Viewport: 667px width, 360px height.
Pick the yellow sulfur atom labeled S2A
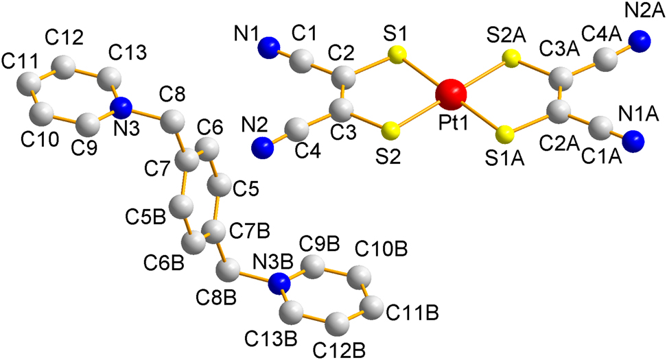(510, 59)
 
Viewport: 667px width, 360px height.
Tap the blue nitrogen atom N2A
(640, 41)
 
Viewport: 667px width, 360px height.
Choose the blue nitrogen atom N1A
(633, 141)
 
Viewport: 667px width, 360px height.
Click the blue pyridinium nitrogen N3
(122, 108)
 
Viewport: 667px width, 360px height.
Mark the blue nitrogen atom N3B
(280, 284)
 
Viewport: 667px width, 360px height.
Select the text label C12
(64, 38)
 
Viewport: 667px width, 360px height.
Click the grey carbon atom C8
(173, 121)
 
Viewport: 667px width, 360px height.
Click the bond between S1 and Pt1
(422, 73)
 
